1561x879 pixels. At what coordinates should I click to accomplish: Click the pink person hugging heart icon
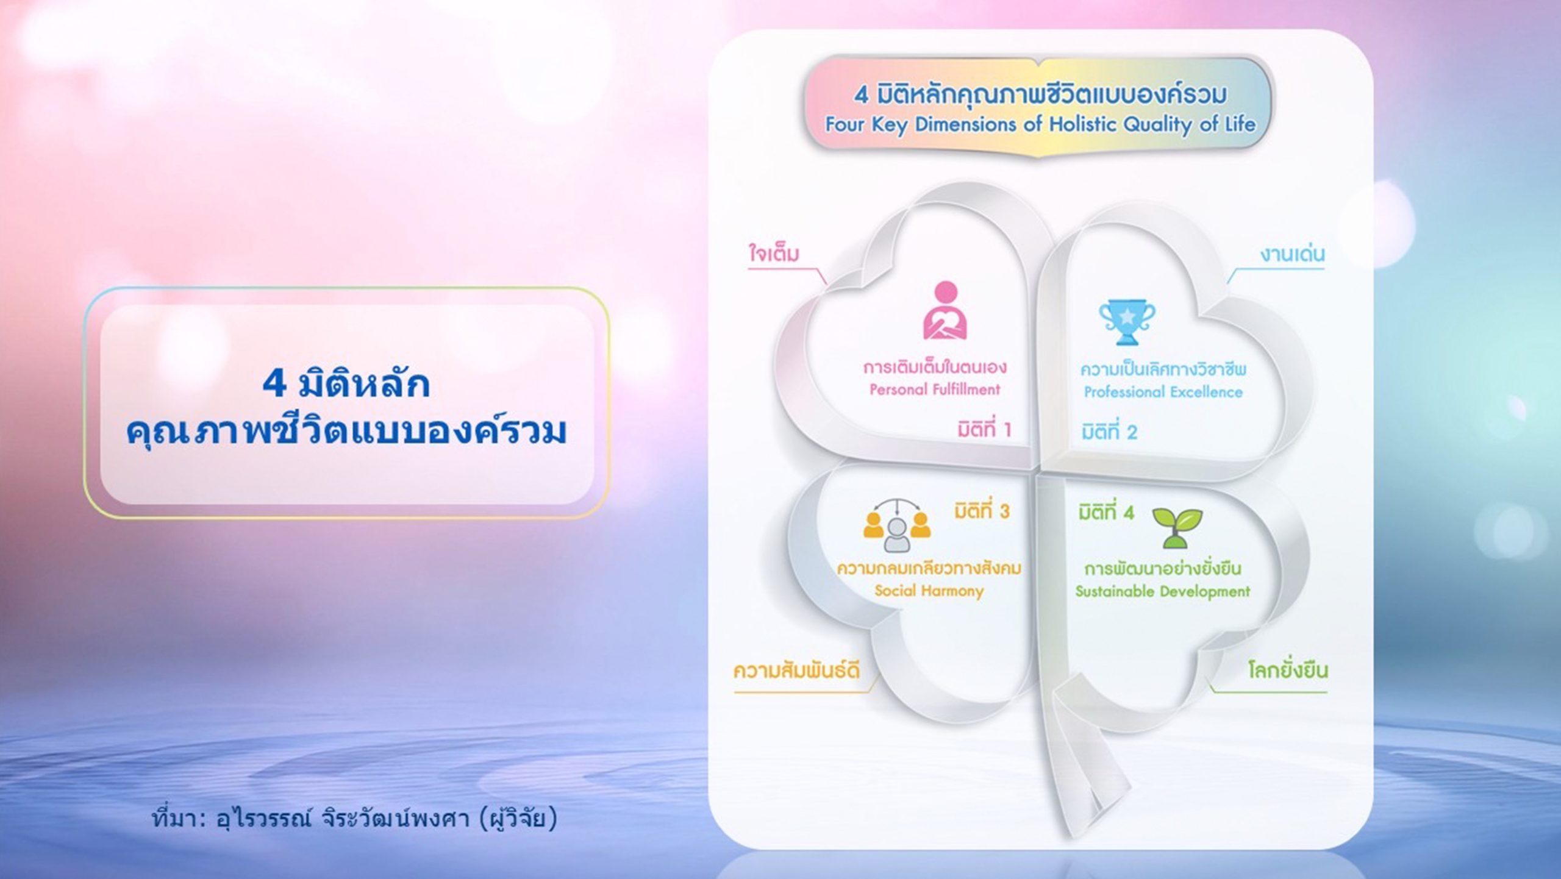945,310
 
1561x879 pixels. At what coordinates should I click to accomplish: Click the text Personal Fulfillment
935,389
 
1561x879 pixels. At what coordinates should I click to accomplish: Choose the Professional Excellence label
1163,392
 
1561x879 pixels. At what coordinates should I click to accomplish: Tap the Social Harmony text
929,590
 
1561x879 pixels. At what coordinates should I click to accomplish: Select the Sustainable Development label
1162,591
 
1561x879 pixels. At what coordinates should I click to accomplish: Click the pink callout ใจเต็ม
774,254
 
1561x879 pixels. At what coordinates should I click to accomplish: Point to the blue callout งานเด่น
1293,254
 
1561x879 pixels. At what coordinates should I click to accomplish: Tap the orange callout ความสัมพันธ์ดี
796,671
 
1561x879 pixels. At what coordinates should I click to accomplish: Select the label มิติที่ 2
1109,432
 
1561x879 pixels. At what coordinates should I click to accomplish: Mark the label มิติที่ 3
982,510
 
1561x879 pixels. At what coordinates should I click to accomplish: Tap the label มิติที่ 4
1106,513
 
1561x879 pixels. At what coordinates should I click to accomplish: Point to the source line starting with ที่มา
355,819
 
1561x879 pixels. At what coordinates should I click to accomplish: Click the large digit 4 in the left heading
274,383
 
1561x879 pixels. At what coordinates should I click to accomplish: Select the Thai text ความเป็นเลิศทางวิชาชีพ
1163,369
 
